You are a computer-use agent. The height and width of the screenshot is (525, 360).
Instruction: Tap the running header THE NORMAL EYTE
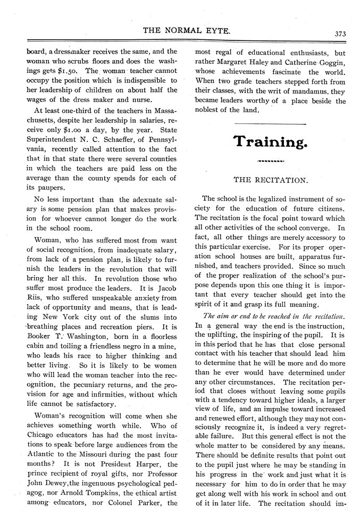[x=187, y=32]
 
